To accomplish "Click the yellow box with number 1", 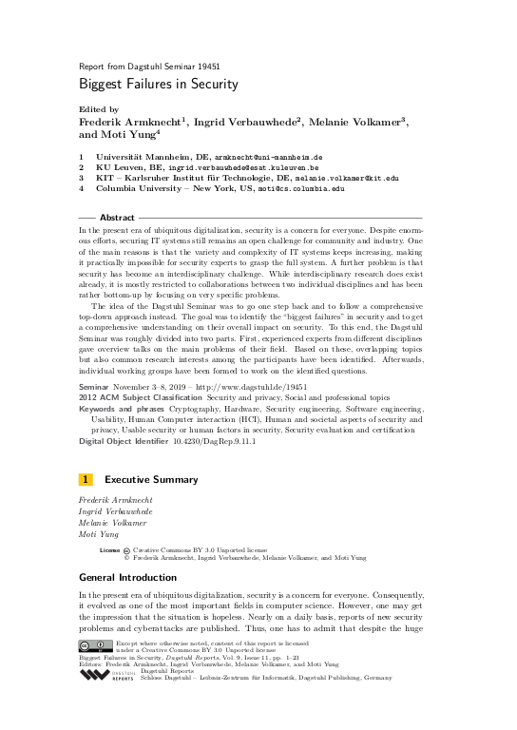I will pos(86,479).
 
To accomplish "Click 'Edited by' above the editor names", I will pos(99,109).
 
